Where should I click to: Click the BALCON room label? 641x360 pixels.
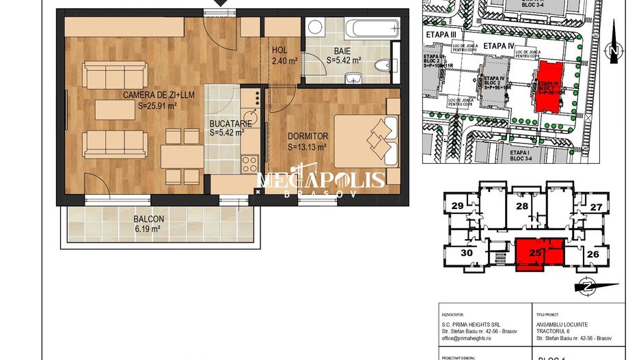(148, 220)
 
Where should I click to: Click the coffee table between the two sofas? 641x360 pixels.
(115, 109)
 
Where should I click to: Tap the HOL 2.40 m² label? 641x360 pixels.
(284, 55)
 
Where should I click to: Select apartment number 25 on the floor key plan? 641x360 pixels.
(536, 253)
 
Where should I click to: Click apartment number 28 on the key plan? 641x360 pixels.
(523, 206)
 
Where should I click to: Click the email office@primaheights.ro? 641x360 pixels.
(471, 337)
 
